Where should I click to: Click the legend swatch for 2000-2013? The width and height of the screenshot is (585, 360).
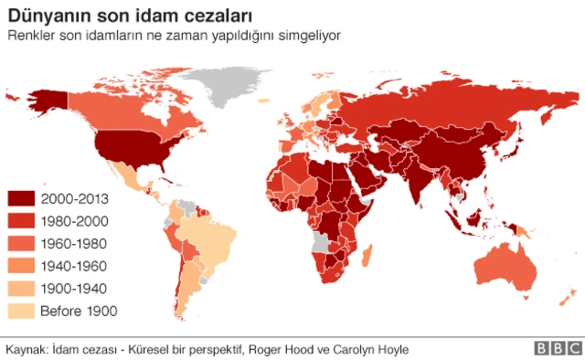tap(20, 198)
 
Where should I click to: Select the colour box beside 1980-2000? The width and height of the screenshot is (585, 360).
tap(20, 221)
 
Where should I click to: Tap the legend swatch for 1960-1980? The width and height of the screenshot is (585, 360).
tap(20, 244)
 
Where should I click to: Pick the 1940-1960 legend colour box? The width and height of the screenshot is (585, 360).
tap(20, 266)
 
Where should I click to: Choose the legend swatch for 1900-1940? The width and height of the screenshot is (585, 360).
tap(20, 289)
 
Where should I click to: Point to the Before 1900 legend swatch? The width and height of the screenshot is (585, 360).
tap(20, 311)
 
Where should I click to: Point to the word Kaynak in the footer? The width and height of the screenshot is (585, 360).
tap(26, 349)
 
